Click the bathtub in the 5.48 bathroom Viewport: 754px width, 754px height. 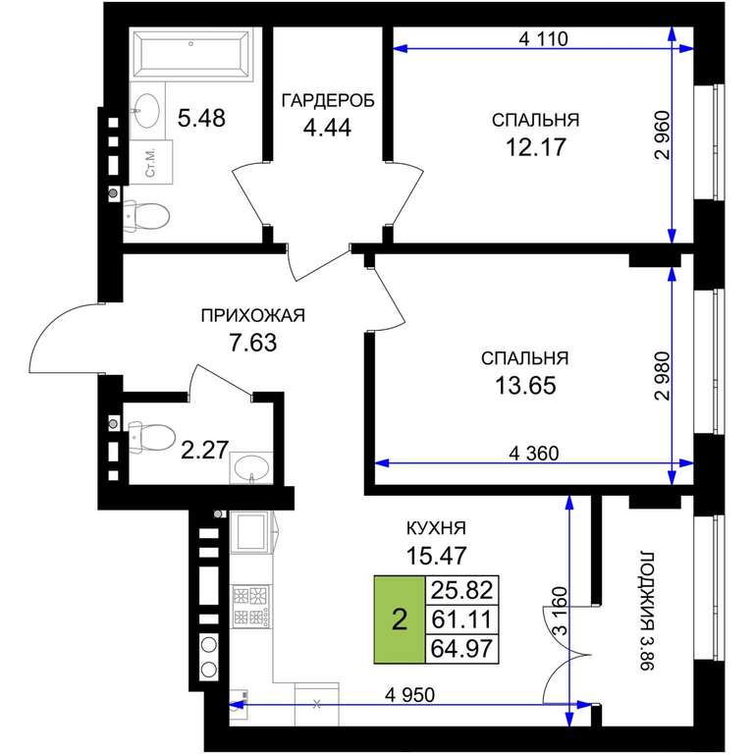191,54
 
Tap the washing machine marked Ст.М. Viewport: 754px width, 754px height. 150,162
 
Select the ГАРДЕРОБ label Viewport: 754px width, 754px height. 328,100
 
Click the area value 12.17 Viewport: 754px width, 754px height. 536,146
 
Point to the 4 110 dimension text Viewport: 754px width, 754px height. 543,38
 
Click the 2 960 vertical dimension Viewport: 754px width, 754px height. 662,135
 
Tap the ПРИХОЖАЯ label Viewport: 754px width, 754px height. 253,315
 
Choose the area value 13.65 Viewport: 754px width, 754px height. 525,385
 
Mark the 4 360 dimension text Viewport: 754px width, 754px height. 534,453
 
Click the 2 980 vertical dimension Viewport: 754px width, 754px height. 662,376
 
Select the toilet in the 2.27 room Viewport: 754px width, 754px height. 151,438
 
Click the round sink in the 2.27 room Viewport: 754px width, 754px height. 251,467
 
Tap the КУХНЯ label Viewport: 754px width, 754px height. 436,528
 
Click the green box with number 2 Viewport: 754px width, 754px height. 400,619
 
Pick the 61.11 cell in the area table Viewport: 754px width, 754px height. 461,619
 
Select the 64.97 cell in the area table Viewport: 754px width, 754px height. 461,648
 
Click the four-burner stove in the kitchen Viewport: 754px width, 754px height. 251,607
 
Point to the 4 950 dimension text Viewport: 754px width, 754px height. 409,694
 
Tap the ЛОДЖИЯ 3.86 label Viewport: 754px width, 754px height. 647,611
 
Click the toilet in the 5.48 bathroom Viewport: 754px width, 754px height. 146,216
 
